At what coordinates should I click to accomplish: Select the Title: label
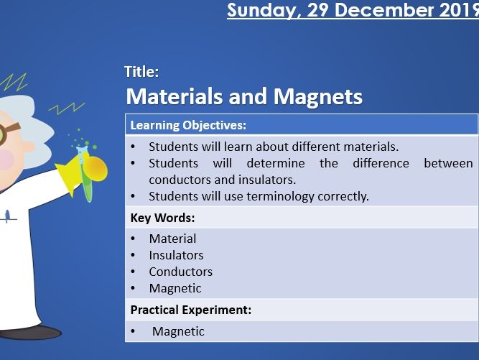(141, 71)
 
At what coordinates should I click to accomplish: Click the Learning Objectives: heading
(188, 125)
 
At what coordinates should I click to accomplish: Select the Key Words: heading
(162, 218)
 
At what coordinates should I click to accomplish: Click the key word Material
(172, 239)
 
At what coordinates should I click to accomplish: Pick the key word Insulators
(176, 255)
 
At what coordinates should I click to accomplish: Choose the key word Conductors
(180, 272)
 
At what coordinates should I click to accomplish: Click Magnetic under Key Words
(175, 288)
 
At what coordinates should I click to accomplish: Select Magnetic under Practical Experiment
(178, 331)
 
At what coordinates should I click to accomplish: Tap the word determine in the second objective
(276, 163)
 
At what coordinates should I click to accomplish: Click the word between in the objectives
(448, 163)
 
